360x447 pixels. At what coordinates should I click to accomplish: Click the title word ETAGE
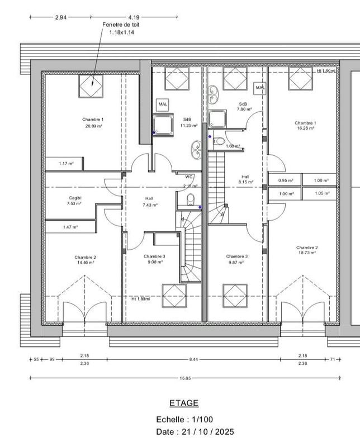point(183,403)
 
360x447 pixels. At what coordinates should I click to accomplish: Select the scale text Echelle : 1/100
point(184,419)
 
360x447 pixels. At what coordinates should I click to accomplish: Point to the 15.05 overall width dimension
point(184,378)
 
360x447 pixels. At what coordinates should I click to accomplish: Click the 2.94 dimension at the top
point(60,17)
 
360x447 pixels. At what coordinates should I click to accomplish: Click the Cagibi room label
point(74,198)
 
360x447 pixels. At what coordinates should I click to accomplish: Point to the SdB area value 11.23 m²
point(189,126)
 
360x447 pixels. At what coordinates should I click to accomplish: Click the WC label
point(189,177)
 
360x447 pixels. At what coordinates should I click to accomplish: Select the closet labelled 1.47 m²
point(70,227)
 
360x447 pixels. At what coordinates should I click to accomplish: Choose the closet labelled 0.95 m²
point(286,180)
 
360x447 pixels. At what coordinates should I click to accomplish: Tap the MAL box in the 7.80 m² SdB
point(260,88)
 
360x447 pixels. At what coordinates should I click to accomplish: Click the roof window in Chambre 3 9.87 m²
point(235,296)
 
